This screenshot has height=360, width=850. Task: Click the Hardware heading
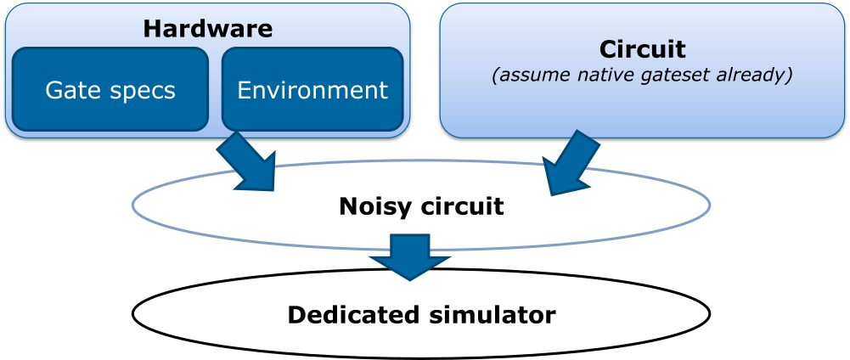click(207, 28)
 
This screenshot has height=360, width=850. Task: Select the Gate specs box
click(110, 90)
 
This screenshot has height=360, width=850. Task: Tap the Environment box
click(312, 90)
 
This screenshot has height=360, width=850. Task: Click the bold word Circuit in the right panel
click(642, 48)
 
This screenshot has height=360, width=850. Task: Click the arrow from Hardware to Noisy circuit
click(248, 161)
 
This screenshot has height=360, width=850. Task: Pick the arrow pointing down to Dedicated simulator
click(411, 257)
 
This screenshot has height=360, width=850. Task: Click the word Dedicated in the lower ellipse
click(348, 315)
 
